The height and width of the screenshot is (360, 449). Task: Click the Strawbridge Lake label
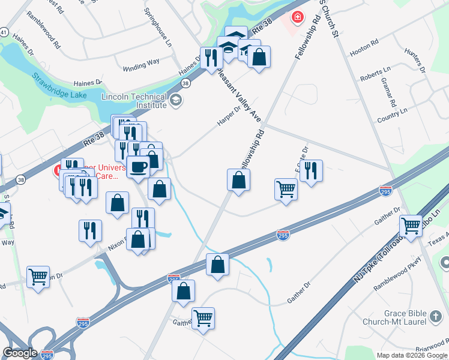[59, 86]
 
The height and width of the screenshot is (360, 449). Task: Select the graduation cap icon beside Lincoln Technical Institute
[176, 100]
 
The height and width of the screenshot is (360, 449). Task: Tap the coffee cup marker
[138, 167]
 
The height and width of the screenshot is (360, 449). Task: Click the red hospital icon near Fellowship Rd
[297, 17]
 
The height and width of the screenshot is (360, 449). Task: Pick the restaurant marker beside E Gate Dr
[311, 171]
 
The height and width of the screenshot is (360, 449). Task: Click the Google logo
[20, 353]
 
